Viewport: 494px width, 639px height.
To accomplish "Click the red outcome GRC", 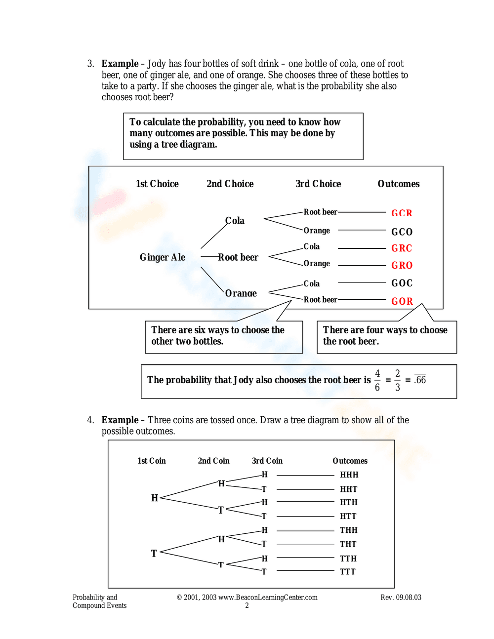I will click(401, 248).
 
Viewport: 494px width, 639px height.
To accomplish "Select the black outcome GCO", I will click(402, 232).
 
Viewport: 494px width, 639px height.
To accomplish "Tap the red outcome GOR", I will click(402, 301).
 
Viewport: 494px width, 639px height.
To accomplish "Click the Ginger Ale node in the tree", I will click(162, 257).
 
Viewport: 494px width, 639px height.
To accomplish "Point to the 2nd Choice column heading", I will click(230, 184).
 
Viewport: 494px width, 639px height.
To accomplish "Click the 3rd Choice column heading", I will click(318, 184).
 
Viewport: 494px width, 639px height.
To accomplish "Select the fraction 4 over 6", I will click(377, 380).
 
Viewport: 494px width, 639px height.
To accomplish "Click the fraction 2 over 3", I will click(397, 380).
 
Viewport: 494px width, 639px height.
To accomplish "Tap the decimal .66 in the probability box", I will click(420, 380).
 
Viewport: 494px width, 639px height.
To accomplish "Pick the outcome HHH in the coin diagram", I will click(349, 475).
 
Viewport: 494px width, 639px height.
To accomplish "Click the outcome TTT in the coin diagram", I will click(347, 571).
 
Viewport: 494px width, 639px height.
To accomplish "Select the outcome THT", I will click(348, 544).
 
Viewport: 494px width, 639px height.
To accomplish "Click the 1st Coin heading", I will click(151, 461).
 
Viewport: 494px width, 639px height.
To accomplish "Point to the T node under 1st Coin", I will click(154, 554).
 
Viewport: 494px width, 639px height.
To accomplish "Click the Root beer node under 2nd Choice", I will click(238, 257).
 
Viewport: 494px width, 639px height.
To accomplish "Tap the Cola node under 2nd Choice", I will click(235, 221).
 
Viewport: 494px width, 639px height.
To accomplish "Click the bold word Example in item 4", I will click(120, 420).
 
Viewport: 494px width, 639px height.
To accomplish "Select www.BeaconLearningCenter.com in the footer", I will click(268, 598).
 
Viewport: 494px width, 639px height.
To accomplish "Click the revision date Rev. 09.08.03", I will click(401, 598).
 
